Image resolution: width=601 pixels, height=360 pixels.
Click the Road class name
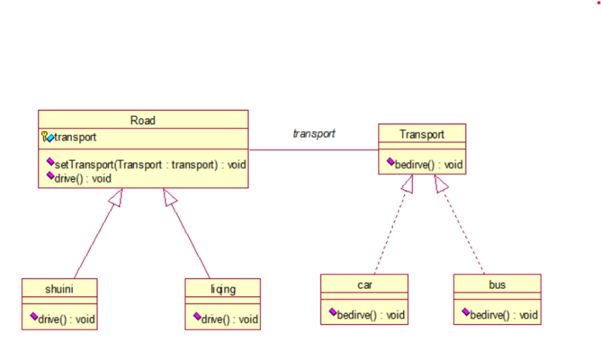coord(143,120)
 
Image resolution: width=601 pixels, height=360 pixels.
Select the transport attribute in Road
coord(75,137)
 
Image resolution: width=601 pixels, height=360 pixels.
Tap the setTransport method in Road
coord(150,165)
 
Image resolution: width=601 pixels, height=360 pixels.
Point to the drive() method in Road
coord(83,179)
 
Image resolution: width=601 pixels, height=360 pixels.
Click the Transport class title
coord(421,134)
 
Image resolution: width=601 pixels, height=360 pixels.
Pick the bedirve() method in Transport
coord(429,165)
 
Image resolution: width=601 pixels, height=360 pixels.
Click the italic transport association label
coord(314,133)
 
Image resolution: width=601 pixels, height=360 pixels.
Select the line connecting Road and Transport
coord(314,150)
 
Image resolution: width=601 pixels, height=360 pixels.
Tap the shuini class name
coord(59,289)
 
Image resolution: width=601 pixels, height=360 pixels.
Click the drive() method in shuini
coord(67,320)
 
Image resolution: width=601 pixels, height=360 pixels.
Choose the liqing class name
coord(223,289)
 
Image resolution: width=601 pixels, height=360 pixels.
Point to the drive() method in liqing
coord(229,320)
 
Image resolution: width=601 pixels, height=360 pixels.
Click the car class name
coord(364,285)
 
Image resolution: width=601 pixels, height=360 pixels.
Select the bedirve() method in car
coord(370,315)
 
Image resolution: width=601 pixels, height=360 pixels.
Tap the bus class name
coord(497,285)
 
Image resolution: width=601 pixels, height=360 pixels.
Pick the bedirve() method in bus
coord(504,315)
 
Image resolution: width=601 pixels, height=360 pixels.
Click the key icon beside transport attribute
coord(44,136)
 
